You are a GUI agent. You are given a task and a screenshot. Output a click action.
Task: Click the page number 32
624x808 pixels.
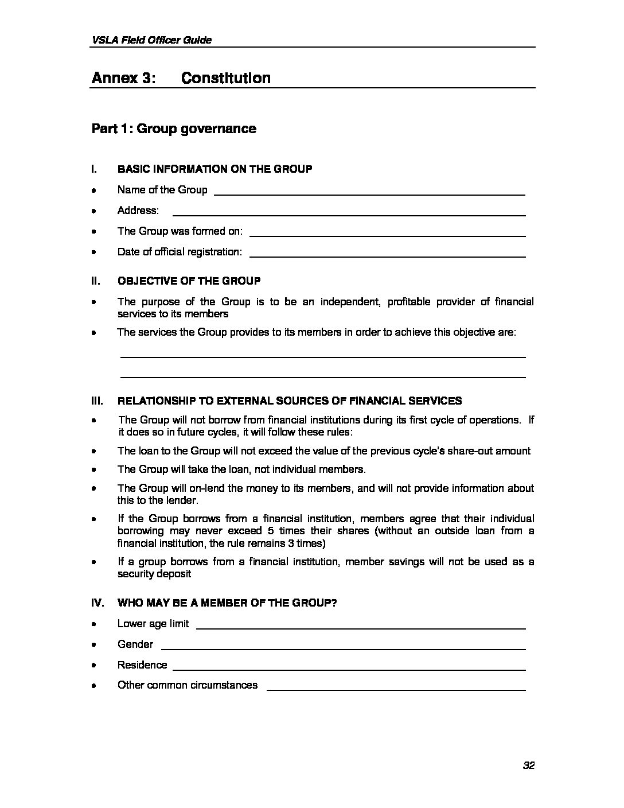(528, 765)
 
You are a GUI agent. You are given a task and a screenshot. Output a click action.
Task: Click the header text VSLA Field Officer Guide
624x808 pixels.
(151, 40)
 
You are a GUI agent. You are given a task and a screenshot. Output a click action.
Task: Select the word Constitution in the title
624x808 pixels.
(225, 78)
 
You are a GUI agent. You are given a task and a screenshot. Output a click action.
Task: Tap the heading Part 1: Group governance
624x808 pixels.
(174, 129)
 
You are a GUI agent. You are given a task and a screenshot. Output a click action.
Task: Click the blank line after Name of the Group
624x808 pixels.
(369, 194)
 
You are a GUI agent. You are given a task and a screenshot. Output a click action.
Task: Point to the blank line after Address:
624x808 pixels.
(349, 215)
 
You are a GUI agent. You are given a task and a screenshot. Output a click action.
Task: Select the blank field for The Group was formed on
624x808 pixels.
(388, 235)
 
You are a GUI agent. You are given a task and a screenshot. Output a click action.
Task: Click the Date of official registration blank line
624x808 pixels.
(388, 255)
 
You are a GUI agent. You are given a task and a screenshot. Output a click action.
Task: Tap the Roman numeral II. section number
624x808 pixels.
(96, 281)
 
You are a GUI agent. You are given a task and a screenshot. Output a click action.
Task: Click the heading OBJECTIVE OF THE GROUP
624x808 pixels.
(189, 281)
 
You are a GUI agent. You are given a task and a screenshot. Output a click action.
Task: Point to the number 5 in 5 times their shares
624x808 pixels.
(271, 531)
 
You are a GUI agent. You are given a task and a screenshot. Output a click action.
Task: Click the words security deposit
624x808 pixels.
(154, 574)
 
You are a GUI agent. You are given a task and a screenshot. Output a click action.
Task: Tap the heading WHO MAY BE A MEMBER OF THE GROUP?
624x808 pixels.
(227, 603)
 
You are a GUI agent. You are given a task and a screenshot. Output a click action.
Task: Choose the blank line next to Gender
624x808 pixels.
(344, 648)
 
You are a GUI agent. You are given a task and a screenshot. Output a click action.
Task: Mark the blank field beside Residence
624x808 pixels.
(349, 669)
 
